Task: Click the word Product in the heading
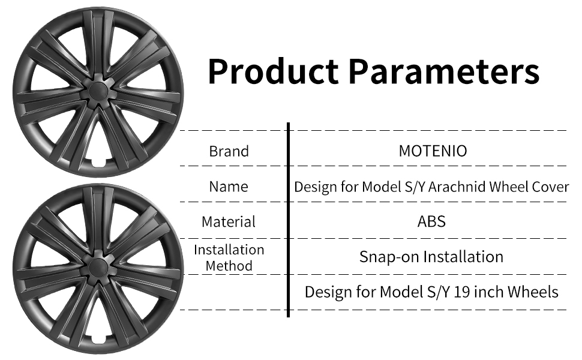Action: [273, 71]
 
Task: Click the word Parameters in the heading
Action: [444, 71]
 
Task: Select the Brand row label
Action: [229, 151]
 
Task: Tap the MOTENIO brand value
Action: [433, 151]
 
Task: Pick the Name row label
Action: [229, 187]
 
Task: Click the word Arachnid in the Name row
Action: [457, 187]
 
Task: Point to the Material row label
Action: [229, 222]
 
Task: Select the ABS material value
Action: [431, 221]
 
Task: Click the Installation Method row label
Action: [229, 257]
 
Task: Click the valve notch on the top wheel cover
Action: [99, 163]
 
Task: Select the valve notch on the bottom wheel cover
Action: [99, 339]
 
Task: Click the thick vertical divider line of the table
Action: [288, 220]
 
